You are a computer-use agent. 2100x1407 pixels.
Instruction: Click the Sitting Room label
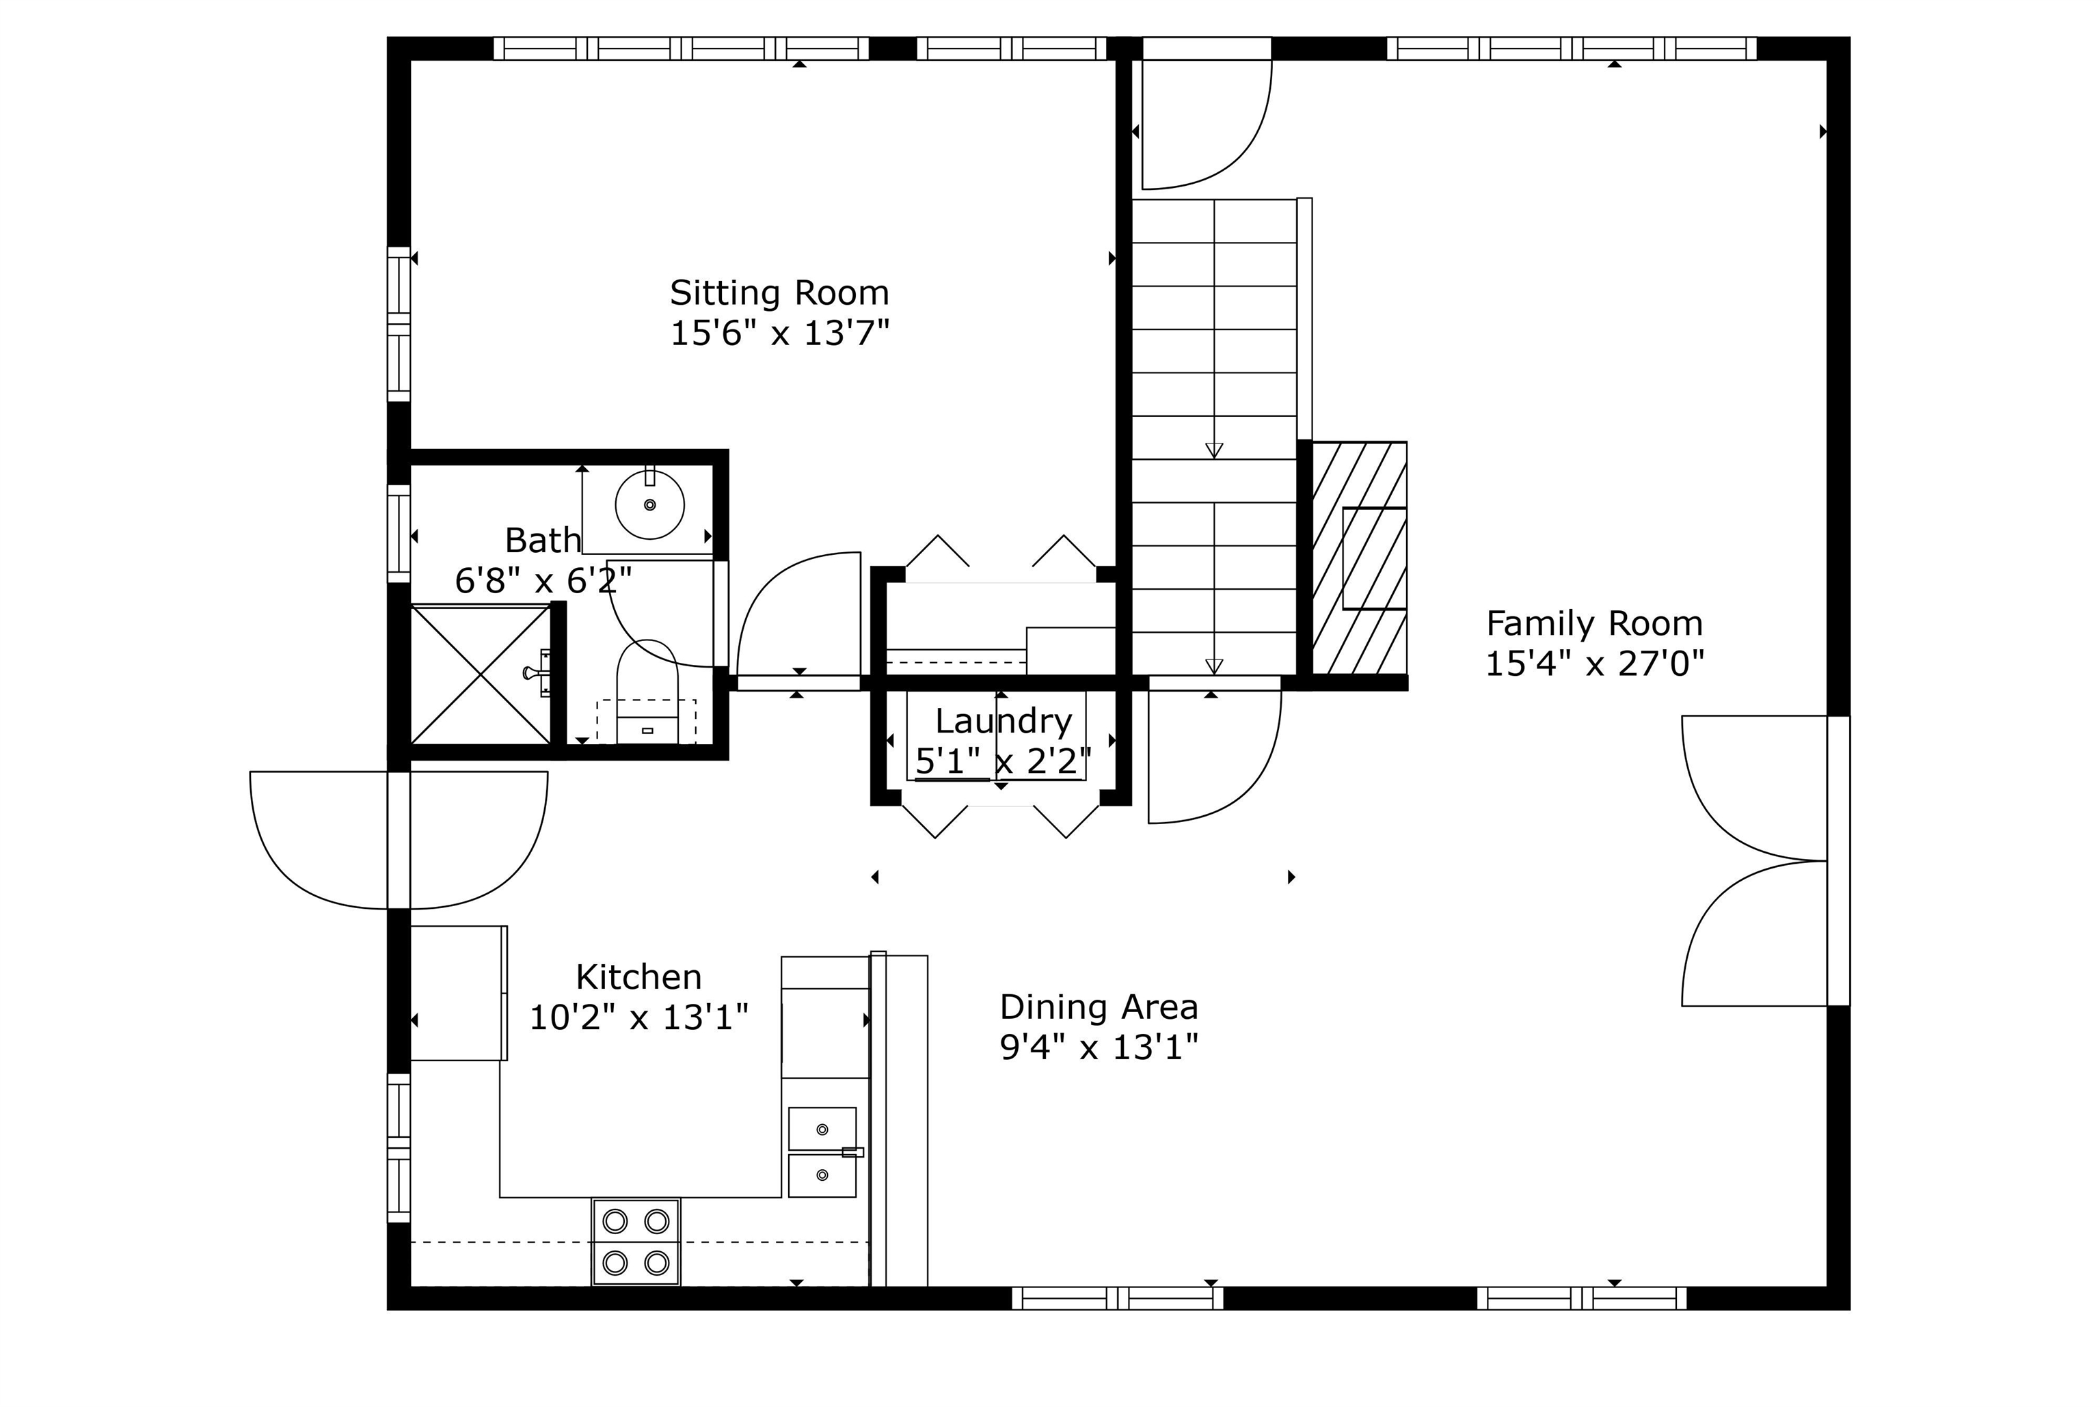pos(779,292)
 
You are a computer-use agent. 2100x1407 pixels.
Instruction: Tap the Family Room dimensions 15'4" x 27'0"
pos(1594,664)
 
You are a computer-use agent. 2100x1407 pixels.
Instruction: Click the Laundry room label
pos(1004,720)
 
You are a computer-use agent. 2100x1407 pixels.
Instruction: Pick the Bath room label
pos(543,541)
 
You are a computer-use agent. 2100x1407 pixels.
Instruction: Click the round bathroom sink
pos(649,505)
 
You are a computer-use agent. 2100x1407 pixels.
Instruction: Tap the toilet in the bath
pos(647,692)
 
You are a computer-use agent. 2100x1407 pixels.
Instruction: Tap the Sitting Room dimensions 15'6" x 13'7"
pos(779,333)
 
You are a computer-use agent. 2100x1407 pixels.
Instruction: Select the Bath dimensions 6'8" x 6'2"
pos(543,582)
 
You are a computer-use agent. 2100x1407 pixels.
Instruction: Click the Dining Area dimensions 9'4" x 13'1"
pos(1099,1047)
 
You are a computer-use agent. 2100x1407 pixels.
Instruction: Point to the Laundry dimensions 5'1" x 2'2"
pos(1004,762)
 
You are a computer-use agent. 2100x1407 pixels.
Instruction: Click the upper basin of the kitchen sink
pos(822,1129)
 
